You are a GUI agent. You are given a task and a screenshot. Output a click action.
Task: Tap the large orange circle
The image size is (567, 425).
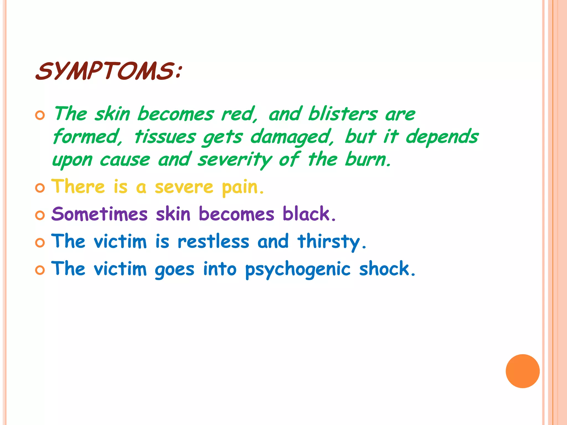[522, 371]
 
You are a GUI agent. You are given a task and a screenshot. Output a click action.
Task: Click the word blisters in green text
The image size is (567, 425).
[343, 114]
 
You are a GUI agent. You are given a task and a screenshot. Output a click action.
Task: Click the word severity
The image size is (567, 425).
[235, 160]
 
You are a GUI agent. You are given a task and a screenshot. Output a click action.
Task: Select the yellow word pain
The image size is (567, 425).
[243, 187]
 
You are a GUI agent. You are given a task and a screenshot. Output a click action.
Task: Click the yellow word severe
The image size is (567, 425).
[184, 187]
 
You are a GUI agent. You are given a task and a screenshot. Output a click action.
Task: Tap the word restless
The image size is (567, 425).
[213, 241]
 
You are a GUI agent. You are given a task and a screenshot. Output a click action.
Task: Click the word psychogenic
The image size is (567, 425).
[298, 269]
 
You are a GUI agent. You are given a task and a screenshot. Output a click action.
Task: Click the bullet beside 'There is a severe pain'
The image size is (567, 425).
[40, 188]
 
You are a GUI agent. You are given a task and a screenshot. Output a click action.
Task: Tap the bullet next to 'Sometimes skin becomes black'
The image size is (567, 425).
[40, 215]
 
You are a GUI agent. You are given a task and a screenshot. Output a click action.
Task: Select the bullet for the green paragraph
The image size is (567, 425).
[40, 115]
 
